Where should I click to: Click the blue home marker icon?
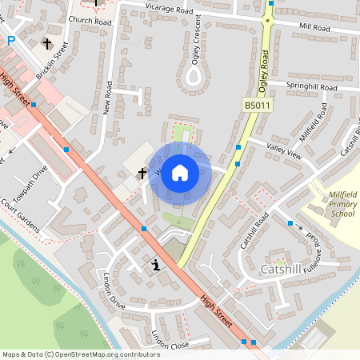[x=180, y=172]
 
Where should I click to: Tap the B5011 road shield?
[x=257, y=105]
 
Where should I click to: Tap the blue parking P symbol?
[x=10, y=40]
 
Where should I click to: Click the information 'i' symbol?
[x=155, y=265]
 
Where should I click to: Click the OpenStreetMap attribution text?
[x=81, y=354]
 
